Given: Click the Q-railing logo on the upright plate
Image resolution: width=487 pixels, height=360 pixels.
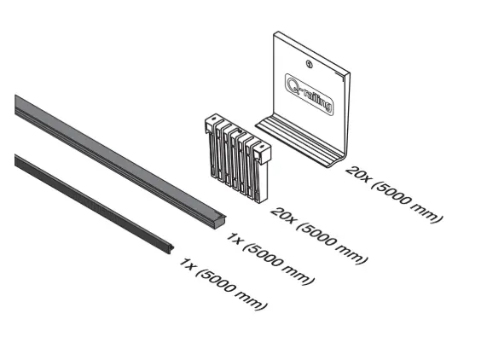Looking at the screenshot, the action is pyautogui.click(x=310, y=94).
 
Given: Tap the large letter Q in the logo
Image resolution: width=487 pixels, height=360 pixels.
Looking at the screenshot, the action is pyautogui.click(x=292, y=84).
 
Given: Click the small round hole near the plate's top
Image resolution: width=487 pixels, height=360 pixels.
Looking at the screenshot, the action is pyautogui.click(x=309, y=64).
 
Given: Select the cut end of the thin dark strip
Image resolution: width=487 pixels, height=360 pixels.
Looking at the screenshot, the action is pyautogui.click(x=170, y=248).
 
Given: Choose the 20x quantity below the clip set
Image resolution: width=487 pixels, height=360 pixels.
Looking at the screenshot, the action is pyautogui.click(x=281, y=215).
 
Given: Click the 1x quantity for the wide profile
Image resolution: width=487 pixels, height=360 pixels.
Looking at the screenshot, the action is pyautogui.click(x=234, y=239).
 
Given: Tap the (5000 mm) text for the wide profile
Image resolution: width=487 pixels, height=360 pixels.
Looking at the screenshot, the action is pyautogui.click(x=279, y=264).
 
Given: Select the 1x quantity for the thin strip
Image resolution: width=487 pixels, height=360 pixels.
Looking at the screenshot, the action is pyautogui.click(x=187, y=264).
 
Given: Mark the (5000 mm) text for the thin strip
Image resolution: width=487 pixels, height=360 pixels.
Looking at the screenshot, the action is pyautogui.click(x=231, y=289).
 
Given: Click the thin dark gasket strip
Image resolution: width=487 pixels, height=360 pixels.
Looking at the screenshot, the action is pyautogui.click(x=93, y=203).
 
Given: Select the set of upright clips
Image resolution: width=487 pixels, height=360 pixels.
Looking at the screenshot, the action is pyautogui.click(x=238, y=159).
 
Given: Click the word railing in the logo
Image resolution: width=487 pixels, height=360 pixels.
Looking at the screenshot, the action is pyautogui.click(x=316, y=100).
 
